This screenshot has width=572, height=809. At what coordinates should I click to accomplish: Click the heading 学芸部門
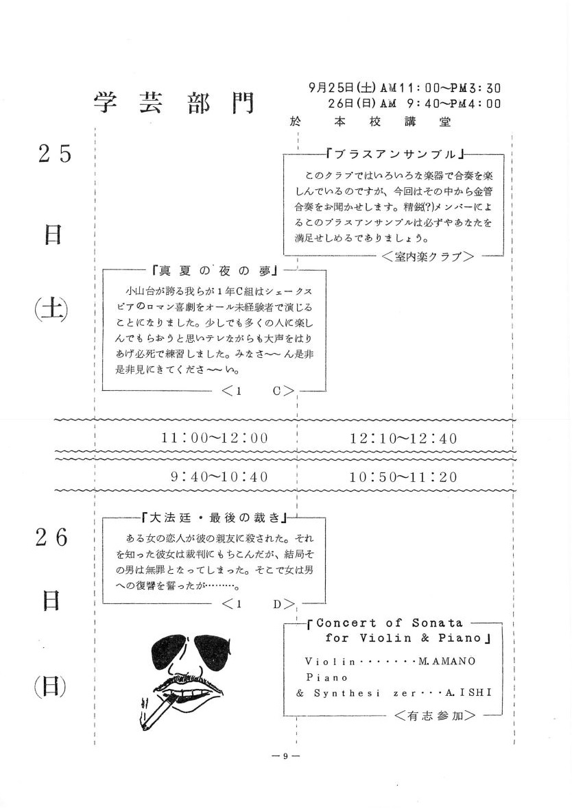pos(172,104)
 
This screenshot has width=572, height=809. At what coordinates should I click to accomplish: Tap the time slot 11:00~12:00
pos(215,437)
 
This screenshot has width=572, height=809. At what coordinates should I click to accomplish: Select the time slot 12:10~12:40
pos(403,437)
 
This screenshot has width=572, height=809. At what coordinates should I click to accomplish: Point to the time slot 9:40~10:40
pos(219,476)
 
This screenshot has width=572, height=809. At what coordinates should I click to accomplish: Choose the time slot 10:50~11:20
pos(403,476)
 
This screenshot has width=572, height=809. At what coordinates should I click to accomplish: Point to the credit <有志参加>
pos(436,715)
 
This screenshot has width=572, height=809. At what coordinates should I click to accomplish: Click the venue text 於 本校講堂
pos(372,122)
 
